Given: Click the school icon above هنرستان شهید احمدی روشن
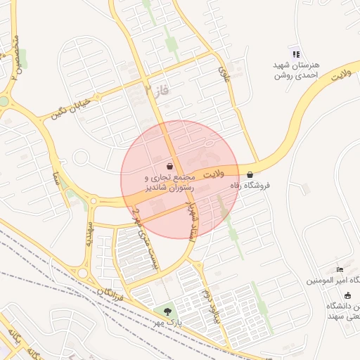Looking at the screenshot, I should (296, 53).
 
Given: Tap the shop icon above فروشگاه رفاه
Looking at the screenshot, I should (250, 175).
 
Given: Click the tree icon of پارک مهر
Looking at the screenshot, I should (167, 311).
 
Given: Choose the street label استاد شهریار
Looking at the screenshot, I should (191, 216).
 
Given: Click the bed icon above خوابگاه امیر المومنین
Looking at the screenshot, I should (340, 269).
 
